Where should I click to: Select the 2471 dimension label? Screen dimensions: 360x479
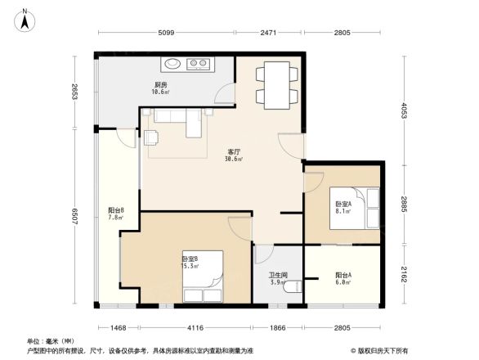click(271, 32)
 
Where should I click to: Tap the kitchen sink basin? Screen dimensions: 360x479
click(174, 62)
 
